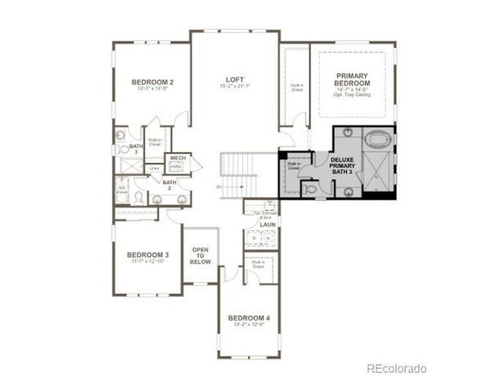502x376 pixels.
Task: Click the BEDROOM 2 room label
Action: click(x=152, y=82)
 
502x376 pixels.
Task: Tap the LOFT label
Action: click(x=235, y=80)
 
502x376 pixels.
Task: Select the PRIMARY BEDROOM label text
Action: click(x=352, y=80)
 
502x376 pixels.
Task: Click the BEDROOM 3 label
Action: click(x=148, y=255)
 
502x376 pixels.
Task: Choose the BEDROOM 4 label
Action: click(x=249, y=318)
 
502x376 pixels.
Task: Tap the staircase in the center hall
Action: click(x=240, y=174)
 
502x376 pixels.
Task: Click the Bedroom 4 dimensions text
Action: click(x=249, y=326)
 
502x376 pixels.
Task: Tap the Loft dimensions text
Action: click(x=235, y=88)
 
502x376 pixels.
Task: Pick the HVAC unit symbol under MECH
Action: click(x=176, y=167)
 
